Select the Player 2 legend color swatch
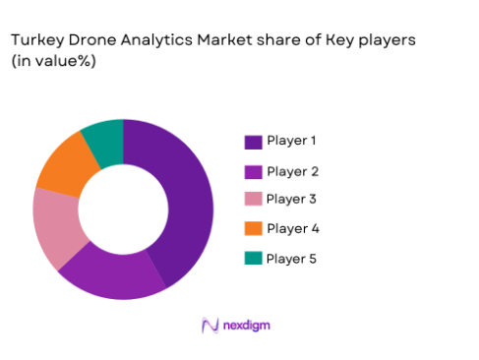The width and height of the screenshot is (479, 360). (253, 172)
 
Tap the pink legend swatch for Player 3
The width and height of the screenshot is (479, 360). (253, 201)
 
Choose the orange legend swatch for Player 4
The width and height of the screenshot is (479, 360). (253, 230)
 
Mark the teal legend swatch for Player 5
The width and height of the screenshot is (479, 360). (253, 259)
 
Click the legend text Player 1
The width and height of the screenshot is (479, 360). (292, 142)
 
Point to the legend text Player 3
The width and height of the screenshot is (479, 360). (292, 200)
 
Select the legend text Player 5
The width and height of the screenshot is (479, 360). (292, 258)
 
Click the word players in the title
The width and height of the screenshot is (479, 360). (389, 40)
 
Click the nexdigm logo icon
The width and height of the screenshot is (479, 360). (209, 326)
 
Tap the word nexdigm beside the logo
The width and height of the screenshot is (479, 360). (246, 326)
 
